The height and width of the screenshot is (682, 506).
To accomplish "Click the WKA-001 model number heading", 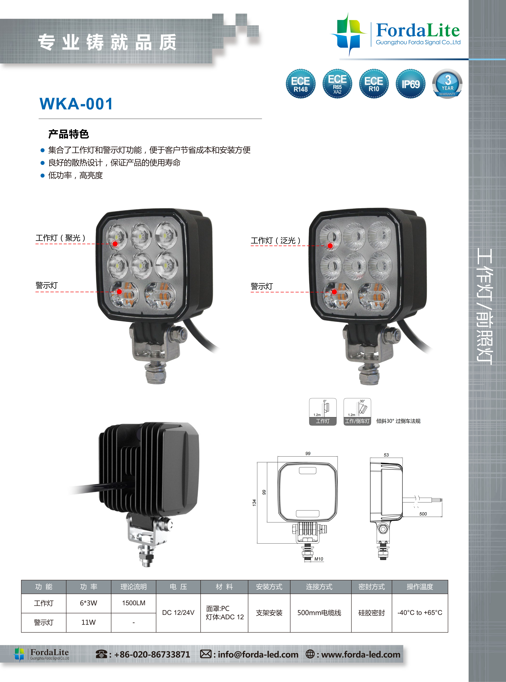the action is (76, 104).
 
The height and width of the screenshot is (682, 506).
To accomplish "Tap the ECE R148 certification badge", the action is (301, 84).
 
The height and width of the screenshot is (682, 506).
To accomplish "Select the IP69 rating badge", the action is (410, 84).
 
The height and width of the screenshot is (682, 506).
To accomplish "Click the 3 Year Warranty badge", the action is (447, 84).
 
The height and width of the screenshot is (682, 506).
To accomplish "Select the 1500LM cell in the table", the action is (134, 603).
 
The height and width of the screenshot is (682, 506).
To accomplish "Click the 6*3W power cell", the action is (89, 603).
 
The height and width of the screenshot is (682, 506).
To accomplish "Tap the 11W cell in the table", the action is (89, 622).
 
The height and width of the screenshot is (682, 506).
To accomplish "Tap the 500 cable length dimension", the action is (423, 514).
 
